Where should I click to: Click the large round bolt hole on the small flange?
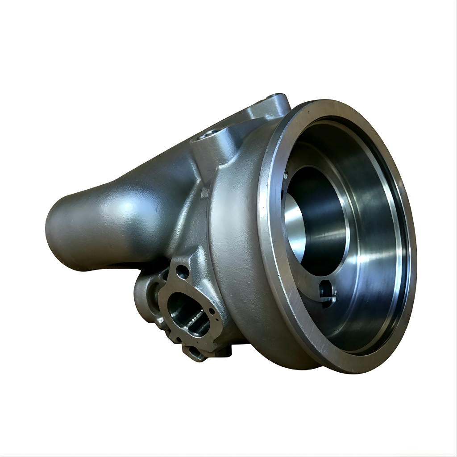point(182,271)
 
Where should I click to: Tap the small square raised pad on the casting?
point(204,192)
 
